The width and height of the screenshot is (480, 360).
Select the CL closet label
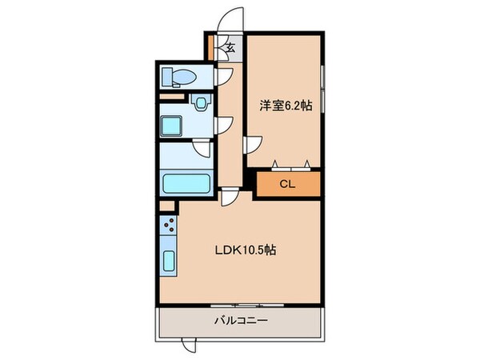[287, 184]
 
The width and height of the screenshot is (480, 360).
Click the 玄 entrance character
[230, 48]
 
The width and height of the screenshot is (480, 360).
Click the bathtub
[186, 183]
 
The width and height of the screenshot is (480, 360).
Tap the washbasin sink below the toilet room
[201, 102]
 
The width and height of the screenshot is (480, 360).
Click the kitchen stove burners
[169, 226]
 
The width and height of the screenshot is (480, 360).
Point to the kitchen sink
[169, 261]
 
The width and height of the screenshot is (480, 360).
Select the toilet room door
[223, 77]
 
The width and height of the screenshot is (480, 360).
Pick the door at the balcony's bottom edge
[187, 346]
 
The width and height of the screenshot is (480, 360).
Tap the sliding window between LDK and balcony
[241, 305]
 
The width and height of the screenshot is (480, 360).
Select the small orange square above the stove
[166, 206]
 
